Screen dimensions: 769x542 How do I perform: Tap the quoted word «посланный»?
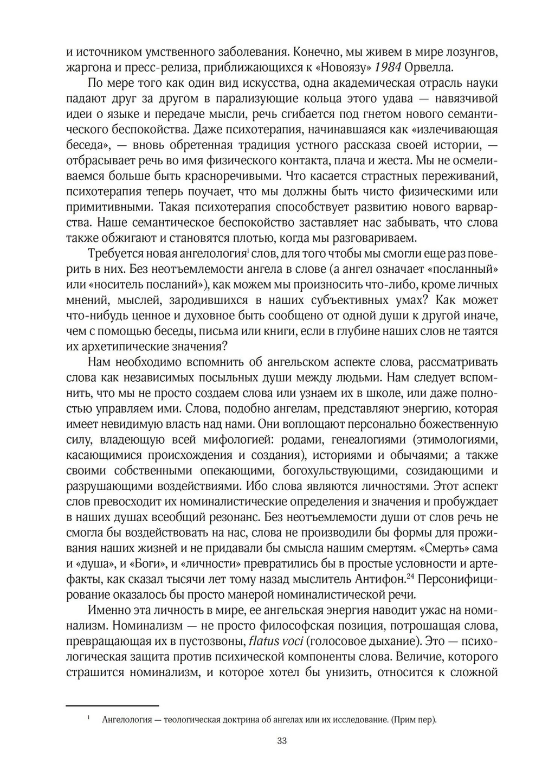462,269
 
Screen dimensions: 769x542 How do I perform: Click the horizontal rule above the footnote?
112,706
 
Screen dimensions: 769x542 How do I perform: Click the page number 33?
281,741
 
